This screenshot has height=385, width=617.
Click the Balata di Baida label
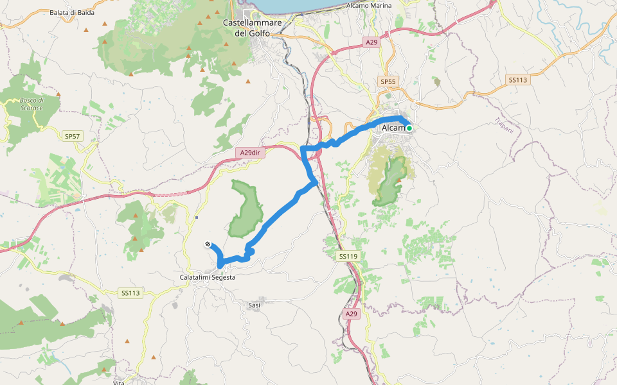(x=72, y=12)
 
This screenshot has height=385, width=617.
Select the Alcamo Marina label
(x=368, y=5)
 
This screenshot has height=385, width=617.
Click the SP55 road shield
(x=389, y=81)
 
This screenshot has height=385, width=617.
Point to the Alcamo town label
(x=393, y=128)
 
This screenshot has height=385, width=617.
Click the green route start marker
(x=409, y=128)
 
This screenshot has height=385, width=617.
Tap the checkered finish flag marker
(x=208, y=244)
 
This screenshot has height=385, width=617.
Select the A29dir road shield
(x=249, y=153)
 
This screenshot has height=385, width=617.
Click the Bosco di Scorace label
(x=31, y=104)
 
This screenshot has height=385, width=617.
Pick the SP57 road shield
(x=72, y=136)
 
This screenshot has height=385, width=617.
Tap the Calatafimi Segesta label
(x=207, y=277)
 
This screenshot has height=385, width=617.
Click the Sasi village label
(x=254, y=305)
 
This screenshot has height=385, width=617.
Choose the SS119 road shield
(x=347, y=257)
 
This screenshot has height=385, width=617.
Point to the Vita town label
(x=118, y=383)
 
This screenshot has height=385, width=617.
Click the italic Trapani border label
(x=505, y=126)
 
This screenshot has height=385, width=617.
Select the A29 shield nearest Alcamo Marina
(x=371, y=42)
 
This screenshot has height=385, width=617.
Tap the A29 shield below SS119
(x=350, y=314)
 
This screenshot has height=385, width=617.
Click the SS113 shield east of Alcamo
(x=517, y=80)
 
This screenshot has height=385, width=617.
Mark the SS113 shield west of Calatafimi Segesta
(x=130, y=293)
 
